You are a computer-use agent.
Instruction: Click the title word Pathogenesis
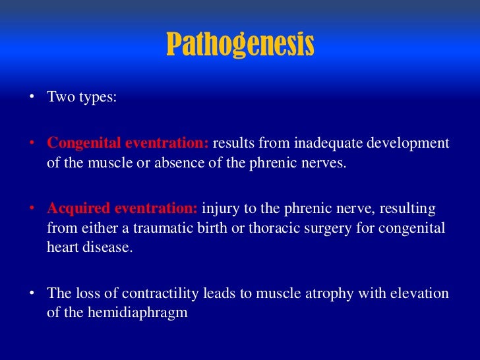(x=240, y=45)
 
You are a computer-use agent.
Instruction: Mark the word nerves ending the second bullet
(x=325, y=162)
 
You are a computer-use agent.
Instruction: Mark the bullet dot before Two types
(x=31, y=97)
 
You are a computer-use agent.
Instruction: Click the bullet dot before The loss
(x=31, y=293)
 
